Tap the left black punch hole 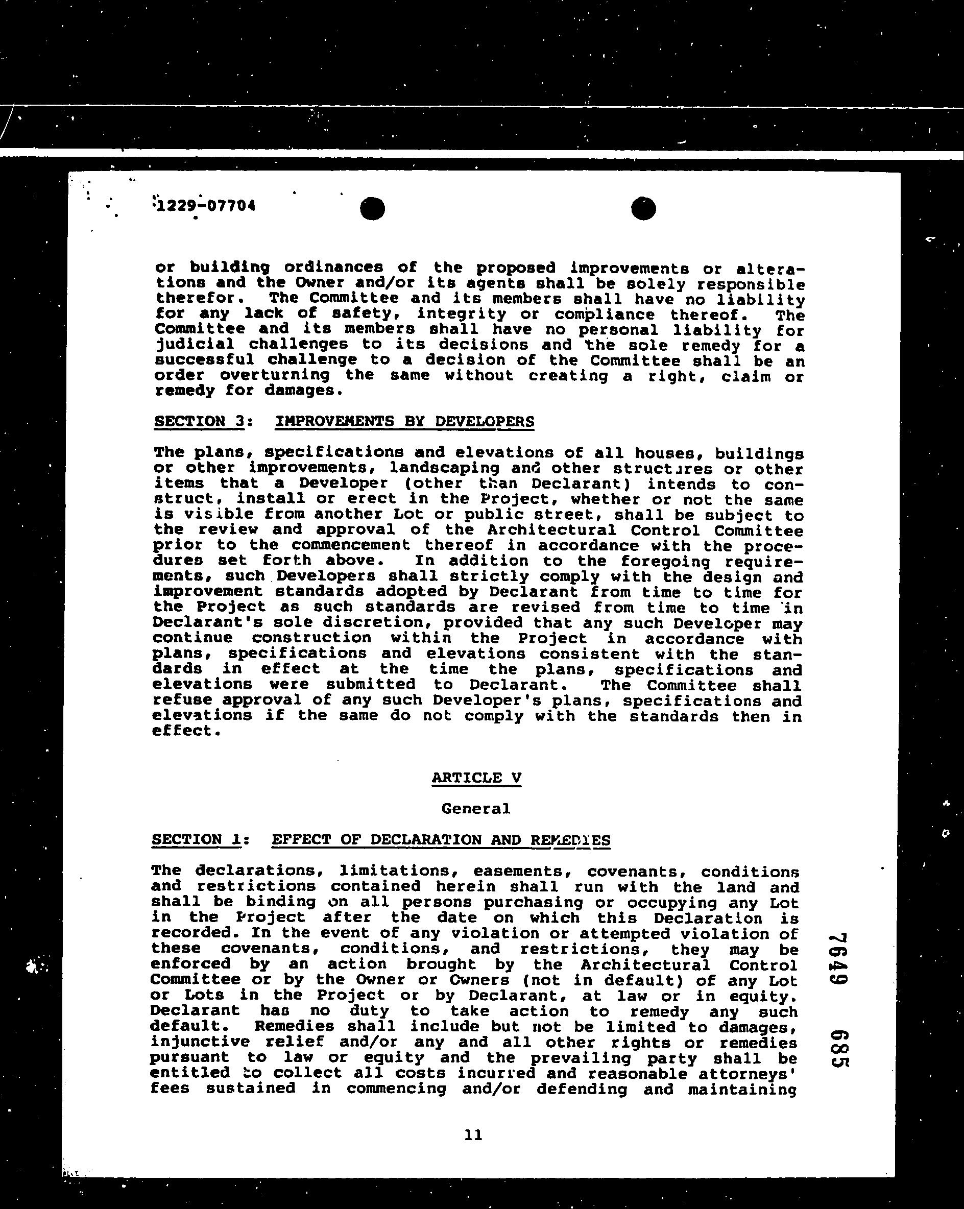click(x=372, y=209)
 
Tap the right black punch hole click(x=643, y=209)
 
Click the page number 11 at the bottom click(x=473, y=1135)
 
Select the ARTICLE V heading click(x=476, y=778)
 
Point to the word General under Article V click(x=475, y=809)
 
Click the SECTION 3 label click(x=200, y=421)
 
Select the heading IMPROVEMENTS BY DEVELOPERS click(x=404, y=421)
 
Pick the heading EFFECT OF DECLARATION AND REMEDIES click(x=441, y=839)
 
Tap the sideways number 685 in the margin click(x=839, y=1049)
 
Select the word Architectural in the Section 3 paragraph click(x=551, y=530)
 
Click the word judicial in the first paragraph click(x=194, y=344)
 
